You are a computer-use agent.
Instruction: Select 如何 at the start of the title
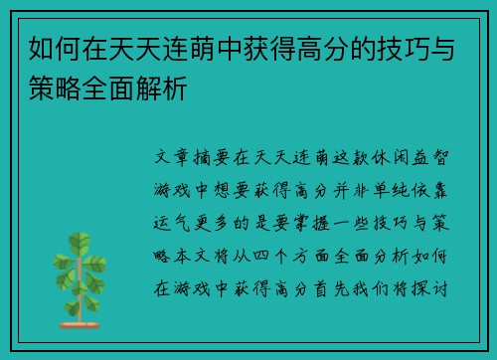pyautogui.click(x=48, y=45)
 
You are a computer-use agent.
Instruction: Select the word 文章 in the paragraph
pyautogui.click(x=169, y=157)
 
